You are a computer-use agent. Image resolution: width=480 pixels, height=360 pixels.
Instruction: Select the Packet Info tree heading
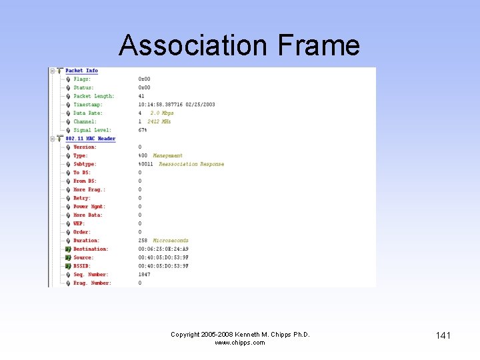(x=81, y=71)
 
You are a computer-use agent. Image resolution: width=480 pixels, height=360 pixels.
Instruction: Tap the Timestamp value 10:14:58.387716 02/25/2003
(x=177, y=105)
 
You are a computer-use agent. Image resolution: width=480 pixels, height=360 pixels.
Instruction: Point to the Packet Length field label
(x=93, y=96)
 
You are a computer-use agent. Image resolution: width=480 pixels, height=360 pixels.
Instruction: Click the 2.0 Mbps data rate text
(x=162, y=113)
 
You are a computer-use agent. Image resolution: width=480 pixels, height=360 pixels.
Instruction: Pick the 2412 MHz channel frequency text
(x=159, y=122)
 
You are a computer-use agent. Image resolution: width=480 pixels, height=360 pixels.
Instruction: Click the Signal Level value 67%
(x=143, y=130)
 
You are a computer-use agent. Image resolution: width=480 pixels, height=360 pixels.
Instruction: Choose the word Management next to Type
(x=167, y=156)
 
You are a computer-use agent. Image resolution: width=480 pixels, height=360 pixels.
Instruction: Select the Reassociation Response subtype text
(x=191, y=164)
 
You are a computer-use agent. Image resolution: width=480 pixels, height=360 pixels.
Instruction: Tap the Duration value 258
(x=143, y=241)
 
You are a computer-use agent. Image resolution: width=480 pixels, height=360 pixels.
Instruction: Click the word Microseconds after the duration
(x=171, y=241)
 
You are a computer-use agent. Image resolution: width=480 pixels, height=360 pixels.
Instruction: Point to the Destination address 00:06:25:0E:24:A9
(x=163, y=249)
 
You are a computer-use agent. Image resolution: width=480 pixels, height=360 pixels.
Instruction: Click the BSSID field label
(x=83, y=266)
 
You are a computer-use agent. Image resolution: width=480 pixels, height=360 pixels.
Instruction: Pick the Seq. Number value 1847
(x=144, y=275)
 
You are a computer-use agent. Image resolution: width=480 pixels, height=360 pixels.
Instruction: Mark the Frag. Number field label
(x=92, y=283)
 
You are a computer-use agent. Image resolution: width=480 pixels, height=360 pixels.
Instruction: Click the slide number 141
(x=443, y=335)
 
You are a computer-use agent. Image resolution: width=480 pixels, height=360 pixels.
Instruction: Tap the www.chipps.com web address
(x=240, y=343)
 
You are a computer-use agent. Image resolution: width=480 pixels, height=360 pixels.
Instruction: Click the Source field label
(x=83, y=258)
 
